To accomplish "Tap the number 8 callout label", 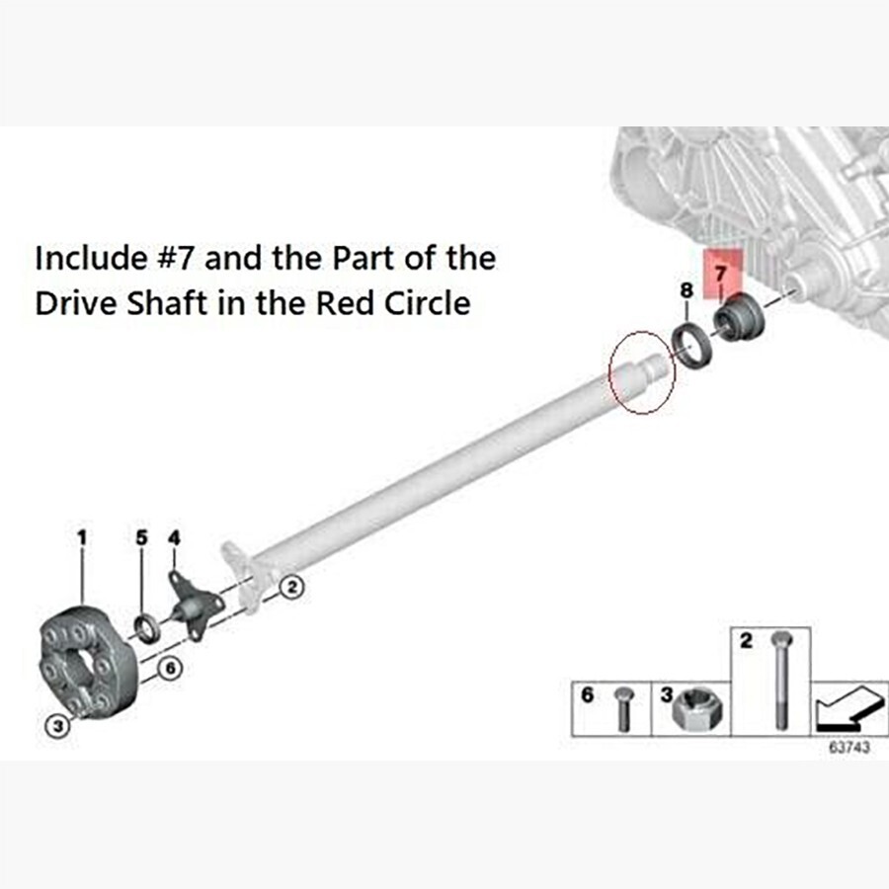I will (x=686, y=290).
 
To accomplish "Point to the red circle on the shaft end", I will (x=642, y=372).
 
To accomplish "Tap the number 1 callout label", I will (x=82, y=537).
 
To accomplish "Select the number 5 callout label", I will (x=141, y=537).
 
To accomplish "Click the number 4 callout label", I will (x=175, y=537).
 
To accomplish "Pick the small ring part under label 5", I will (x=145, y=627).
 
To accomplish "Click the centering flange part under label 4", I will (x=192, y=605).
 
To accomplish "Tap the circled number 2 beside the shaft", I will (x=291, y=588).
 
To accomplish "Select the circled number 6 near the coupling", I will (x=169, y=669).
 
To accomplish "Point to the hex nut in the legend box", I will (x=690, y=710).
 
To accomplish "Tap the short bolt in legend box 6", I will (x=623, y=708).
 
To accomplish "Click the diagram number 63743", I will (x=849, y=748).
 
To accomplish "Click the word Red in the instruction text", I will (x=341, y=303).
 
